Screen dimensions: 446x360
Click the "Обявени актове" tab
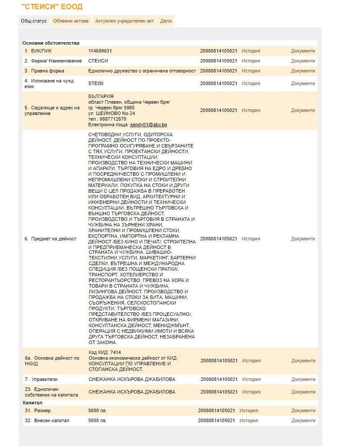point(71,21)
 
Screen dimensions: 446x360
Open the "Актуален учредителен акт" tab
point(124,21)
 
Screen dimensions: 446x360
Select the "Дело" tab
point(166,21)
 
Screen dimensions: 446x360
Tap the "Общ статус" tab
point(34,21)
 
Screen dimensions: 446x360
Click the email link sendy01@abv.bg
point(148,125)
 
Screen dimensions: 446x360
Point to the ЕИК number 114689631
point(100,51)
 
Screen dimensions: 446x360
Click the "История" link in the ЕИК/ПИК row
point(251,51)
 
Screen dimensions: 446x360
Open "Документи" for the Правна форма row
point(303,71)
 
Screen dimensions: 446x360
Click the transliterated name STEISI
point(96,83)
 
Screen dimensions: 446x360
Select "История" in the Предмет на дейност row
point(251,239)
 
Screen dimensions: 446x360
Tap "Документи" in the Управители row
point(303,379)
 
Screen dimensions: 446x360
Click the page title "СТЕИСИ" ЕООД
point(52,7)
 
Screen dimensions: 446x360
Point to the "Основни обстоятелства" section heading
point(51,43)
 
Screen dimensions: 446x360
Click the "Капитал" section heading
point(33,403)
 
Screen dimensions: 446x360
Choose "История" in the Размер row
point(249,410)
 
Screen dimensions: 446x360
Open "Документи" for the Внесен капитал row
point(303,420)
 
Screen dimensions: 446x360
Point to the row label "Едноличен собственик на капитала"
point(51,392)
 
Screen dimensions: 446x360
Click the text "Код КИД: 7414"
point(105,352)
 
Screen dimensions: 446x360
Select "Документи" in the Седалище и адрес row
point(303,110)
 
